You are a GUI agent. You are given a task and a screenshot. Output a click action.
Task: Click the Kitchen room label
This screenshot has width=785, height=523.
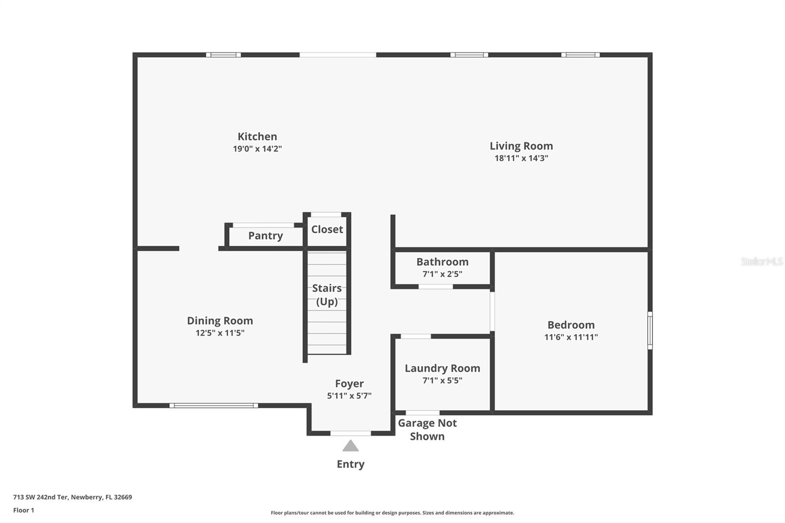pos(257,136)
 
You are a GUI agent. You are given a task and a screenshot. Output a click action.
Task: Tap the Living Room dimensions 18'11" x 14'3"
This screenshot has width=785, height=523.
pos(521,158)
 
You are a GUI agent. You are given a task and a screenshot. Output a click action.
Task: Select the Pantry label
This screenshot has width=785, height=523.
pos(265,235)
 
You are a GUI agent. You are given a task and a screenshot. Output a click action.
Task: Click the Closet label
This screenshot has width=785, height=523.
pos(327,229)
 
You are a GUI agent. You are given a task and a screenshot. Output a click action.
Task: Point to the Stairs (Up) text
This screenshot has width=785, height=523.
pos(327,294)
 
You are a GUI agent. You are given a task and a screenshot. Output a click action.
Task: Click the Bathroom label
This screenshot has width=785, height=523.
pos(442,261)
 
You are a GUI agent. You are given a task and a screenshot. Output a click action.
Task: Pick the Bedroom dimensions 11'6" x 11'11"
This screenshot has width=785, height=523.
pos(571,337)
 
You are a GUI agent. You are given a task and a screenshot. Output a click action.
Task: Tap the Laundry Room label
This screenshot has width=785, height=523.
pos(442,368)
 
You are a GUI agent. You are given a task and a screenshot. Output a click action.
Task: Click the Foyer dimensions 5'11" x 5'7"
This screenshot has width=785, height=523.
pos(349,396)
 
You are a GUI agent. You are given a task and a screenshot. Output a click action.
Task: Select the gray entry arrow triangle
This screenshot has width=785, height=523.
pos(350,446)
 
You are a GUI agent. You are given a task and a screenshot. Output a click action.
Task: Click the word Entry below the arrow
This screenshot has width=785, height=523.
pos(350,464)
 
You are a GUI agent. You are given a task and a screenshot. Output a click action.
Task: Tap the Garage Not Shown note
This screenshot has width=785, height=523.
pos(427,429)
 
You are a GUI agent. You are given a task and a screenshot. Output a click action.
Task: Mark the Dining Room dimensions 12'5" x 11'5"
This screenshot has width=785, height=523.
pos(220,333)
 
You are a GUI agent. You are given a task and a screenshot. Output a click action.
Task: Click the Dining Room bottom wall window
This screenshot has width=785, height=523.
pos(213,405)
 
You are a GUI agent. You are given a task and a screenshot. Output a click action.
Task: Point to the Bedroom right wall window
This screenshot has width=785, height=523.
pos(650,330)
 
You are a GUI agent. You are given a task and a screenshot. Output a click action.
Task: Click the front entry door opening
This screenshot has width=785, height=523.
pos(350,433)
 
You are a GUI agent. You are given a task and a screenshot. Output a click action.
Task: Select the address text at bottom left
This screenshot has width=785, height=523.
pos(73,497)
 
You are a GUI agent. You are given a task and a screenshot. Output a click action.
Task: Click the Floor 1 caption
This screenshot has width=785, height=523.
pos(24,510)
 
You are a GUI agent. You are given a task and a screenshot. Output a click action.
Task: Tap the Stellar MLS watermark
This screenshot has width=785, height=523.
pos(761,261)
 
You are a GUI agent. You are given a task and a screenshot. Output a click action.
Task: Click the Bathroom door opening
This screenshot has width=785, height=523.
pos(435,287)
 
